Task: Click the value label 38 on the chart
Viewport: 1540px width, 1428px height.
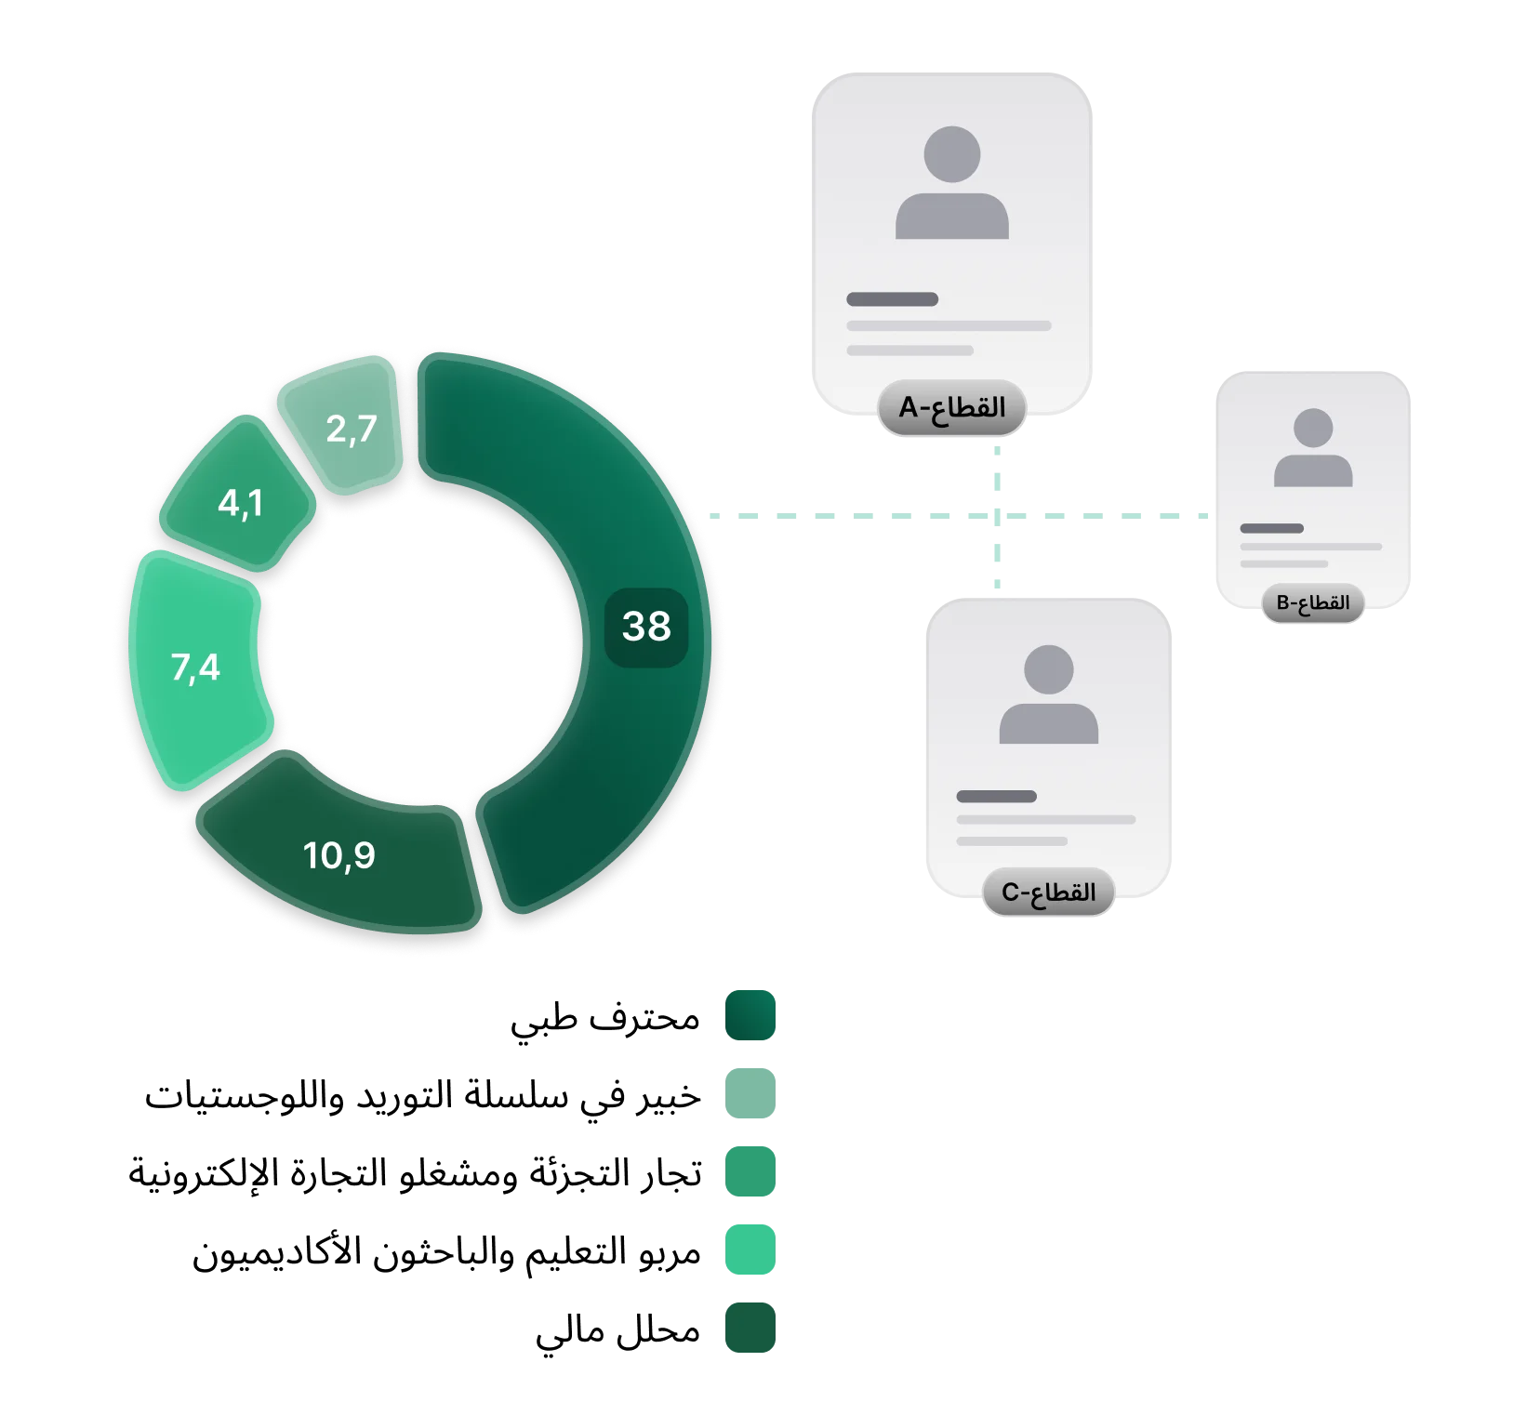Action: [x=646, y=627]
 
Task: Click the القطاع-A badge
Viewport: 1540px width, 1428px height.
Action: [x=951, y=407]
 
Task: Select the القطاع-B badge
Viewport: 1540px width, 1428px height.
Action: [x=1312, y=603]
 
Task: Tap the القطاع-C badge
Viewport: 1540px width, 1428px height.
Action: [x=1048, y=892]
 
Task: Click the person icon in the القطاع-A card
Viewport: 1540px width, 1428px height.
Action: [x=951, y=183]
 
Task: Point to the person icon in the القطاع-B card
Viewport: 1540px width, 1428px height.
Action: [x=1312, y=447]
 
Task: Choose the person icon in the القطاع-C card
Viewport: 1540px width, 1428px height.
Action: [x=1048, y=694]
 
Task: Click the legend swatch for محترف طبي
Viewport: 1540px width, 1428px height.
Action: [x=750, y=1015]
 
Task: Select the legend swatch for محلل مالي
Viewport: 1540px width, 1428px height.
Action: [x=750, y=1328]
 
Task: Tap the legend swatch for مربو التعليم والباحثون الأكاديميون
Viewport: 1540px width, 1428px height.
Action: [x=750, y=1249]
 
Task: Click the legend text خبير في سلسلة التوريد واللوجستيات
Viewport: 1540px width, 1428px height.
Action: [x=422, y=1095]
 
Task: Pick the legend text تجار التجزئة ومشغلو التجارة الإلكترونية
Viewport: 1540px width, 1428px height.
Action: [x=415, y=1173]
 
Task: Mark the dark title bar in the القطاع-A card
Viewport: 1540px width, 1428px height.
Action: [x=892, y=299]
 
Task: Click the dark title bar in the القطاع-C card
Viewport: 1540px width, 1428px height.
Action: [x=996, y=797]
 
